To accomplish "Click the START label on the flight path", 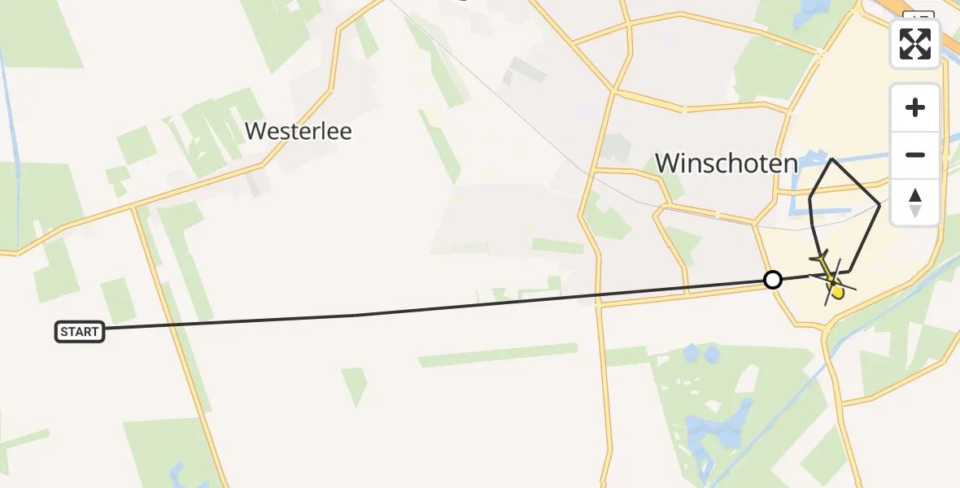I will point(80,331).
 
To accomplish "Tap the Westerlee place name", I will point(299,132).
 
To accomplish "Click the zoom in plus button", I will point(915,108).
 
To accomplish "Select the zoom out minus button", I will point(915,155).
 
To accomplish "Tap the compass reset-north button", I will point(915,203).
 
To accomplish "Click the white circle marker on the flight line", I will point(773,280).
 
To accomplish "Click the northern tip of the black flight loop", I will point(831,159).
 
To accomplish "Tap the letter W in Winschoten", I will point(668,163).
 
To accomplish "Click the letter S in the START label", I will point(63,332).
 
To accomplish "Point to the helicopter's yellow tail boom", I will point(823,265).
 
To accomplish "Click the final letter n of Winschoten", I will point(790,164).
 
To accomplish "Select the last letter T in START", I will point(95,332).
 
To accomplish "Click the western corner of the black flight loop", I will point(809,198).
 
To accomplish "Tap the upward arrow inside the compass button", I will point(915,195).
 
